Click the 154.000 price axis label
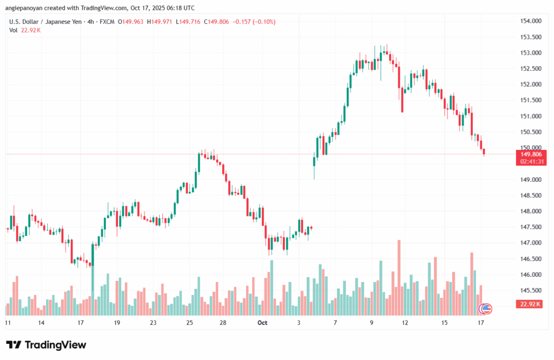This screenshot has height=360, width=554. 531,21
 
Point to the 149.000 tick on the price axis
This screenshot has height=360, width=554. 531,180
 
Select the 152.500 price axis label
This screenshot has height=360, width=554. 531,69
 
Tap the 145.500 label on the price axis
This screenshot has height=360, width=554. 531,291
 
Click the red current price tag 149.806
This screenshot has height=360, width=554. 531,154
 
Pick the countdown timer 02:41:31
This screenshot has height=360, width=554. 531,161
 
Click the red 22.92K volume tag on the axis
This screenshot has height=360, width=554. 531,304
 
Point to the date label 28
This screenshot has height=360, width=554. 223,323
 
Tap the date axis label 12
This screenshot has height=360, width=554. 405,323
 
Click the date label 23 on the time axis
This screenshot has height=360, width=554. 153,323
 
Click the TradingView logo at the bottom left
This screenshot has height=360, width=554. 46,345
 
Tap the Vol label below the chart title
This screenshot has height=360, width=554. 13,30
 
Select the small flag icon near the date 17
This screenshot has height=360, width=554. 486,309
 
